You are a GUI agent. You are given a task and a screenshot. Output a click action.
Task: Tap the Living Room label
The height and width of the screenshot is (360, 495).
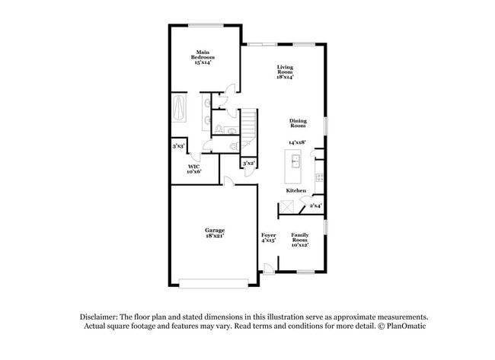pyautogui.click(x=285, y=72)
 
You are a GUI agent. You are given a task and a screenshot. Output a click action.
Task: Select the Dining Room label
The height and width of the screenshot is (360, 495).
pyautogui.click(x=298, y=123)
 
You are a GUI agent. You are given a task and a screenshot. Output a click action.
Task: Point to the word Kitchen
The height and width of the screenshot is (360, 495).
pyautogui.click(x=296, y=190)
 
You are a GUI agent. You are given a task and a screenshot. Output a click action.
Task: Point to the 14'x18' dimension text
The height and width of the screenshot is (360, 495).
pyautogui.click(x=296, y=142)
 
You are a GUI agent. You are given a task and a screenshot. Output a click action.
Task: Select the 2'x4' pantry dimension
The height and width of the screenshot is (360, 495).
pyautogui.click(x=315, y=205)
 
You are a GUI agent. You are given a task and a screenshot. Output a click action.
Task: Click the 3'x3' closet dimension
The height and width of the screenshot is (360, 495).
pyautogui.click(x=178, y=145)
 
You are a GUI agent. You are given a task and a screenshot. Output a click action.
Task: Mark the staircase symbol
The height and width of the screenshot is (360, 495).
pyautogui.click(x=251, y=122)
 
